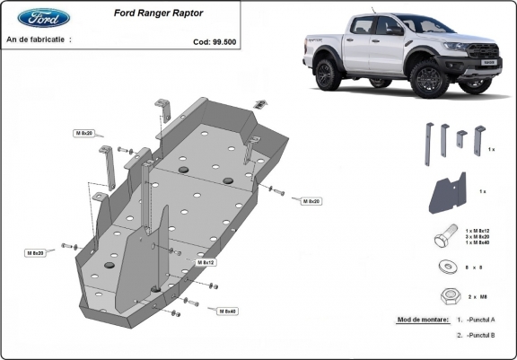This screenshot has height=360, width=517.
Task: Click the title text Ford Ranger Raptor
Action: point(158,13)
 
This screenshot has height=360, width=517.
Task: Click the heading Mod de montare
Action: point(422,320)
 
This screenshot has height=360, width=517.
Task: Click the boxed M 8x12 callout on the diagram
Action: point(206,262)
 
